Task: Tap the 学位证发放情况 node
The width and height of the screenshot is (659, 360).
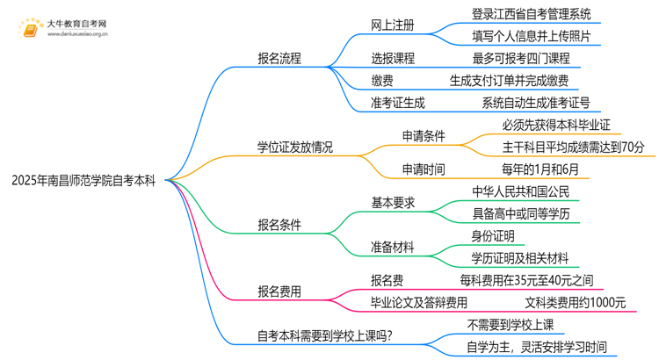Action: tap(294, 146)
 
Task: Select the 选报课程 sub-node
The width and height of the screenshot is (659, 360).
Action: tap(392, 58)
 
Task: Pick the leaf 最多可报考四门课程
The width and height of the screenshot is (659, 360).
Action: tap(521, 58)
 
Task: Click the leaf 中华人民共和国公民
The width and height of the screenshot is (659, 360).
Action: tap(521, 191)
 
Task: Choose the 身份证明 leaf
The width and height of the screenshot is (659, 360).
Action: tap(496, 237)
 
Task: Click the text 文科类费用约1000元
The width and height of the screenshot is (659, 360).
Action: tap(575, 303)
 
